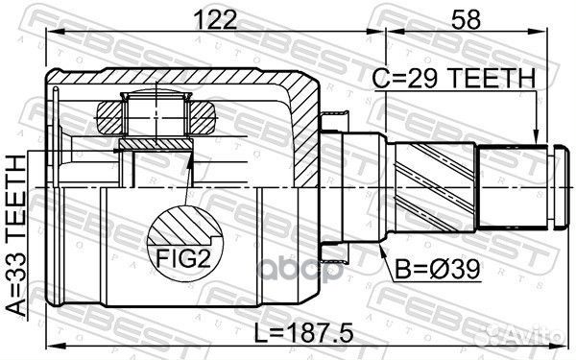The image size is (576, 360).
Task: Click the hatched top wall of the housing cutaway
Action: click(x=192, y=79)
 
